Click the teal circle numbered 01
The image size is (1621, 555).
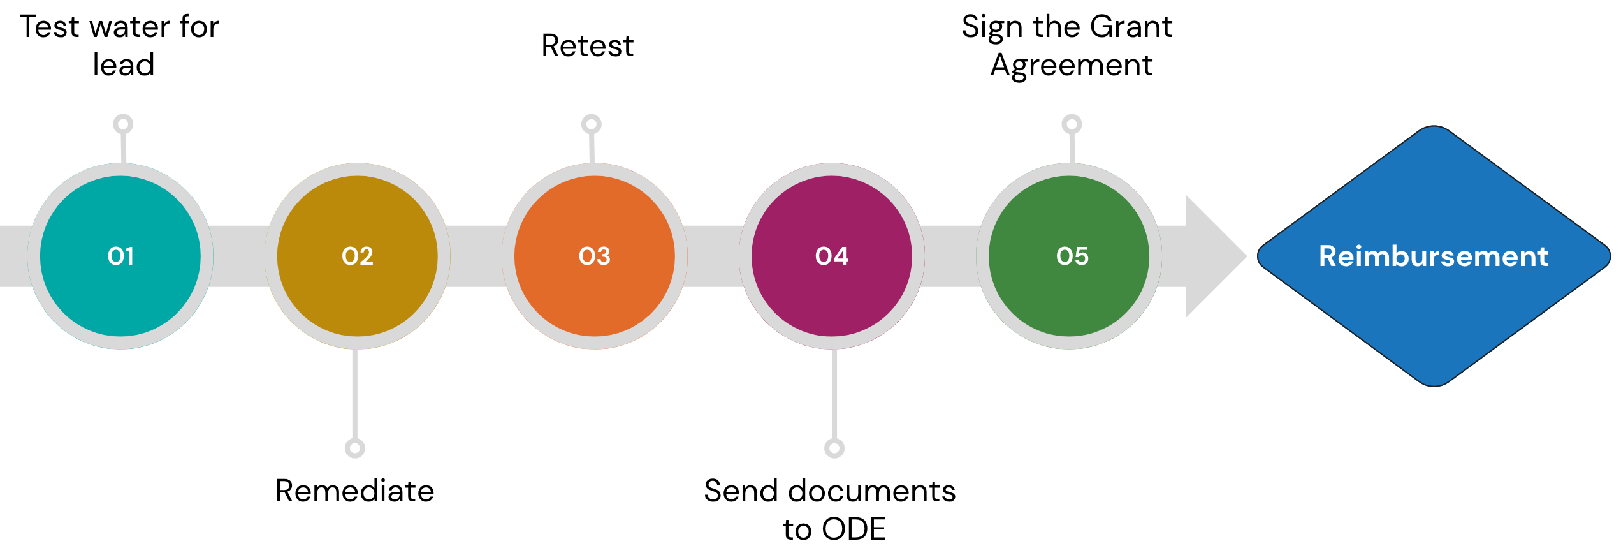(x=120, y=256)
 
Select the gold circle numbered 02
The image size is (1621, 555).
(x=357, y=256)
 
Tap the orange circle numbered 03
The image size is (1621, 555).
(x=594, y=256)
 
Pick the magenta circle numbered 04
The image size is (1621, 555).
(x=831, y=256)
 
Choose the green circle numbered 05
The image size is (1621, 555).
(x=1068, y=256)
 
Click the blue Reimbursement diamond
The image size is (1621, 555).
(x=1433, y=255)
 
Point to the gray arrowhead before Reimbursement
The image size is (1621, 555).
(x=1211, y=256)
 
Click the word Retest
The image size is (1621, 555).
(x=587, y=46)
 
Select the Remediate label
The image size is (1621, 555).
(x=354, y=491)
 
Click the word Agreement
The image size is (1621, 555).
(x=1071, y=65)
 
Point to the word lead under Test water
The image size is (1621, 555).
(x=124, y=65)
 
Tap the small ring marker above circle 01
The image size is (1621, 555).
(x=123, y=124)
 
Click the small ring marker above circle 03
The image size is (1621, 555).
(x=591, y=124)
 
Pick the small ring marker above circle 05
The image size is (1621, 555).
(x=1072, y=124)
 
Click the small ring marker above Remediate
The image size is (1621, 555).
(x=354, y=448)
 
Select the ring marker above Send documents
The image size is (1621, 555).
(x=834, y=448)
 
